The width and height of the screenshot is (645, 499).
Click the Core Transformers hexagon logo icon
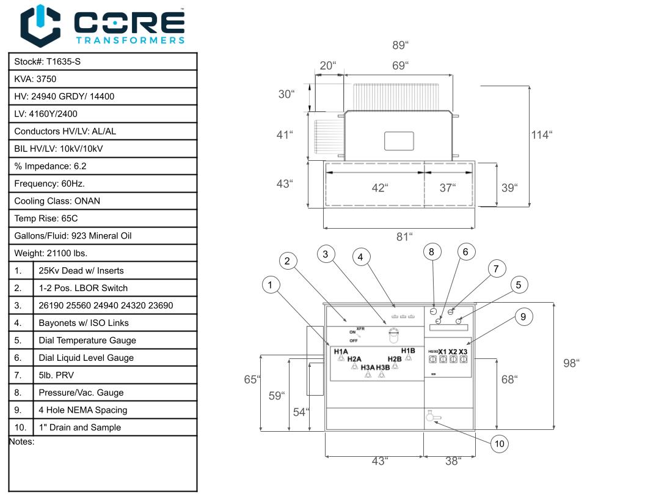[x=40, y=26]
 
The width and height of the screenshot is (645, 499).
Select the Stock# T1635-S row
[x=103, y=62]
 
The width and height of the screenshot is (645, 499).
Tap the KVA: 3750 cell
[x=103, y=79]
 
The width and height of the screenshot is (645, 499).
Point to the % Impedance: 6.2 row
[x=103, y=166]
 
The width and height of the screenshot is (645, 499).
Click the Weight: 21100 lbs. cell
[x=103, y=253]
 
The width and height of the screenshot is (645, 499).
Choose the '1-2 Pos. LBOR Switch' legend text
[x=83, y=288]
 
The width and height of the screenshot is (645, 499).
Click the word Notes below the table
[x=21, y=442]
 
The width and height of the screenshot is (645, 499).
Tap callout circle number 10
[x=499, y=444]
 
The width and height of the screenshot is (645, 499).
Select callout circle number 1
[x=271, y=284]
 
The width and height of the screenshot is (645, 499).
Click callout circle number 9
[x=523, y=316]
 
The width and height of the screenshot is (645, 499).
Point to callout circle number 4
[x=361, y=257]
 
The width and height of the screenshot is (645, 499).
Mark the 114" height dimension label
[x=541, y=135]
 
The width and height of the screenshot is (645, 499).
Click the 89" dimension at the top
[x=399, y=45]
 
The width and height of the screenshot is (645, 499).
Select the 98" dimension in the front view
[x=571, y=363]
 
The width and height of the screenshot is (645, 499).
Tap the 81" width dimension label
[x=403, y=237]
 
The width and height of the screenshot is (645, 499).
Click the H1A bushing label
[x=341, y=352]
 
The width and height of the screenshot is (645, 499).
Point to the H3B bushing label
[x=383, y=368]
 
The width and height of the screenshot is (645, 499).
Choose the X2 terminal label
[x=453, y=352]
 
